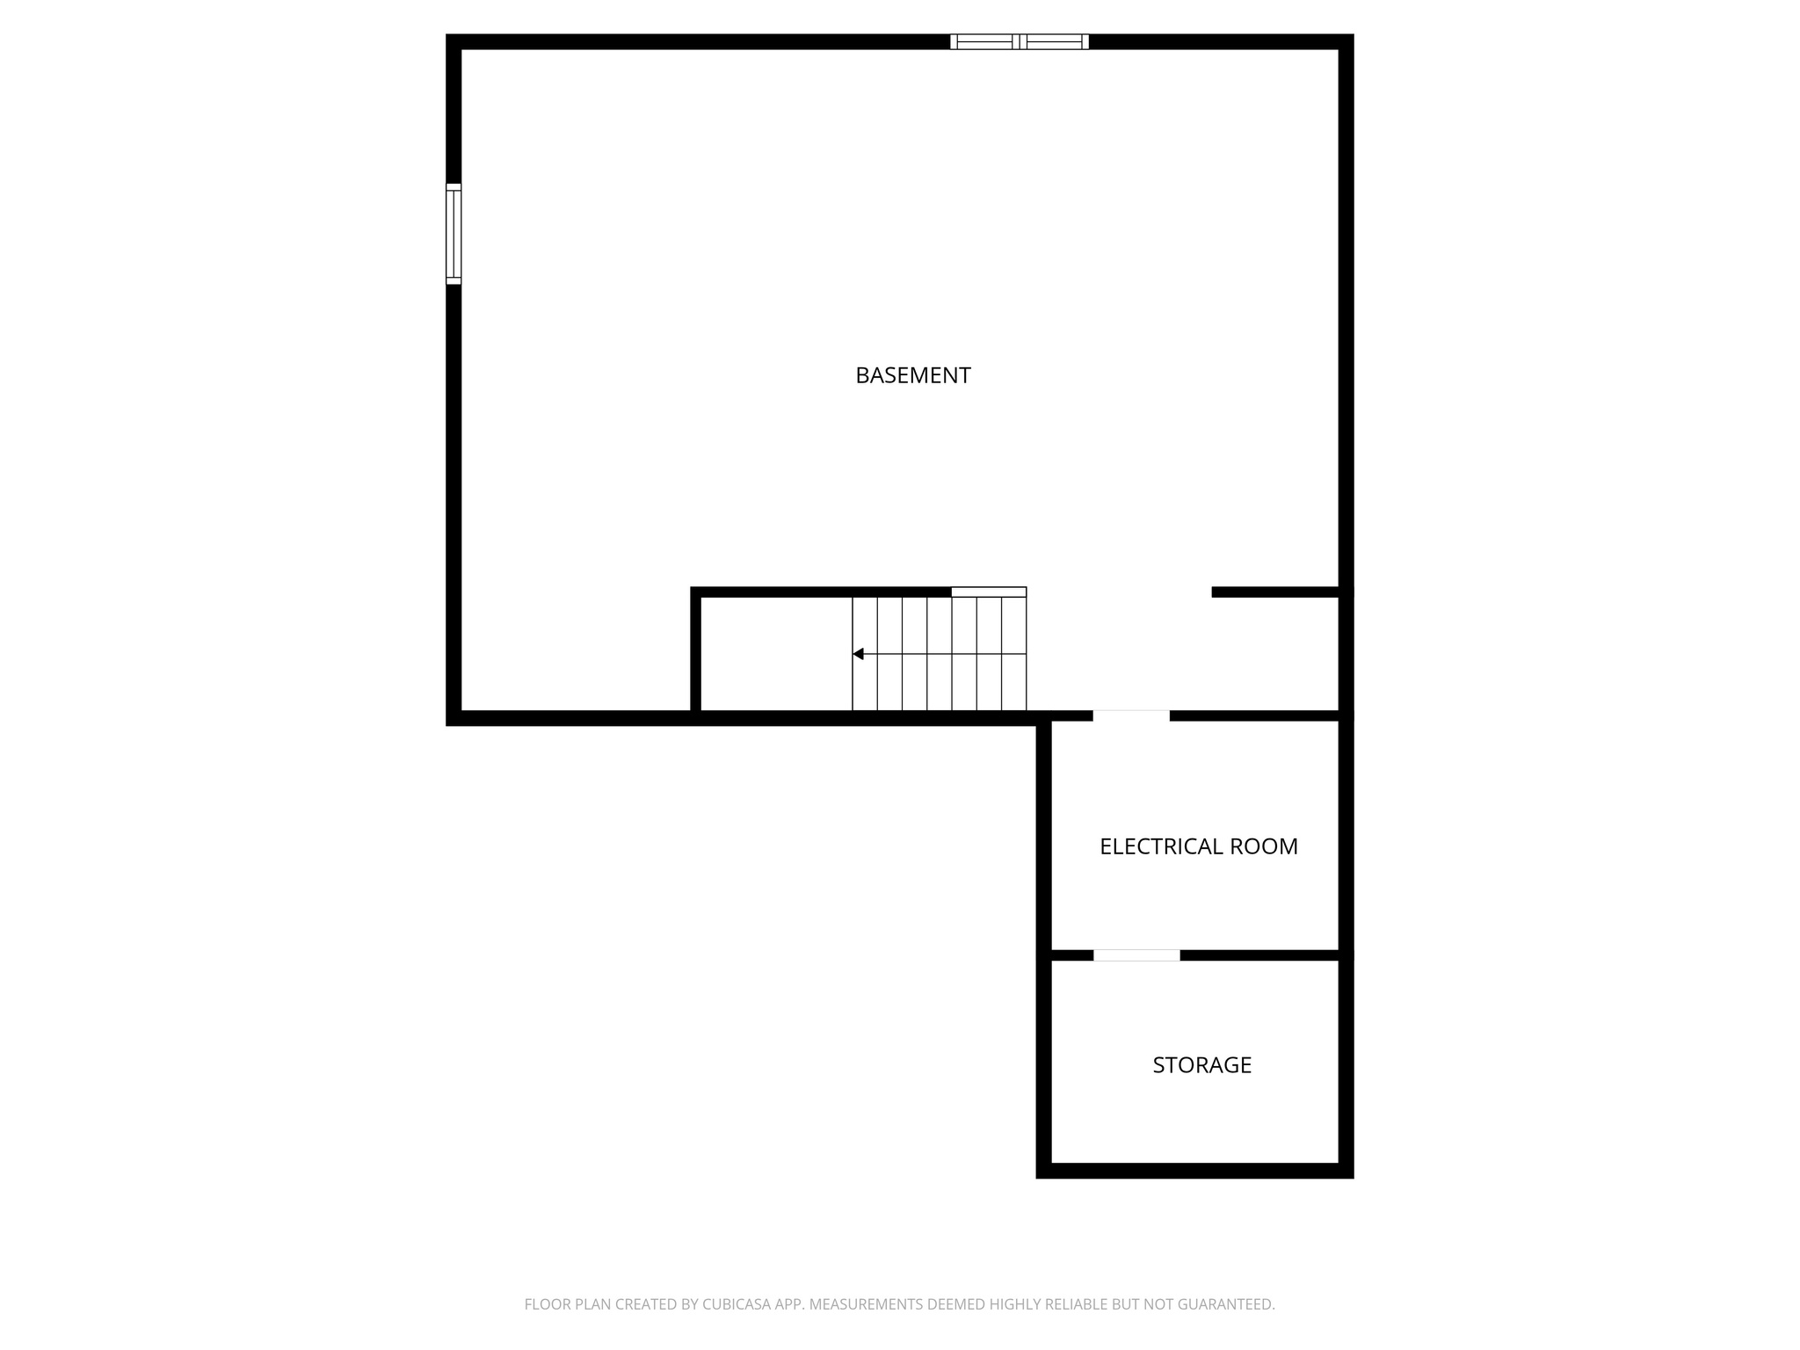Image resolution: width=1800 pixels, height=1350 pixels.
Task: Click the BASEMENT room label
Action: click(912, 375)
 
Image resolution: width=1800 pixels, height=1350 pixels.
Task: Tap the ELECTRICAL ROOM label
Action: click(1198, 846)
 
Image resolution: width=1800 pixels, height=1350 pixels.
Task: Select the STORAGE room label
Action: click(1201, 1065)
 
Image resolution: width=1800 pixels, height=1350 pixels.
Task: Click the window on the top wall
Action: click(1019, 41)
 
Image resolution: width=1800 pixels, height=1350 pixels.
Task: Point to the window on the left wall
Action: click(454, 234)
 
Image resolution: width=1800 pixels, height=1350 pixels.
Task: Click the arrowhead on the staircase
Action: click(859, 654)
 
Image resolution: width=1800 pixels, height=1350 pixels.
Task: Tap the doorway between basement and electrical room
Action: click(1130, 715)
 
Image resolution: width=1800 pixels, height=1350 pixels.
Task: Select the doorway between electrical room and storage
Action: click(1136, 955)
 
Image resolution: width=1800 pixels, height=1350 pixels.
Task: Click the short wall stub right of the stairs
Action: click(1275, 592)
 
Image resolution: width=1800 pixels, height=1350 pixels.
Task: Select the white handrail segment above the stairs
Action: click(989, 592)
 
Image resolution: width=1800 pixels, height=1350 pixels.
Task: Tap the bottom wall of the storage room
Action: click(1194, 1171)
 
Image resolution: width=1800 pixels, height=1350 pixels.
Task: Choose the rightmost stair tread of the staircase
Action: click(1014, 654)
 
